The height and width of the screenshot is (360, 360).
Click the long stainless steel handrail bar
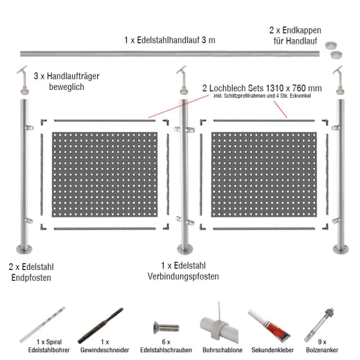tap(170, 54)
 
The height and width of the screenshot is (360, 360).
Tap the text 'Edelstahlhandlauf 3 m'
tap(176, 40)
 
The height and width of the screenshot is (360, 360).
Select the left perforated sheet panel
tap(105, 174)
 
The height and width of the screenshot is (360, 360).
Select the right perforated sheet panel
tap(264, 174)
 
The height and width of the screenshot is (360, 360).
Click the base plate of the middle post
tap(185, 249)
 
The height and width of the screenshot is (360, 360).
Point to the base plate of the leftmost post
tap(24, 249)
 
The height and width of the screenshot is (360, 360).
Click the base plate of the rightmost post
tap(341, 249)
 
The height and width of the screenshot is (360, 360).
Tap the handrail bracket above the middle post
tap(183, 80)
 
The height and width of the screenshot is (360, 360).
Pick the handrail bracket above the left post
tap(23, 80)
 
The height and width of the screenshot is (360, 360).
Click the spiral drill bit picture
tap(42, 325)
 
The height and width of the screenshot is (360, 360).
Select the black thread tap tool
tap(100, 325)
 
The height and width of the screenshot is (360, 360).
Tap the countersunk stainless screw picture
tap(166, 327)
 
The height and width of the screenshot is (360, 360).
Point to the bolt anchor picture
tap(319, 325)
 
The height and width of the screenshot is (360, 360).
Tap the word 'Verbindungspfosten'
tap(183, 276)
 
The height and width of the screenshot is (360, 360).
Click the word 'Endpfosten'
tap(32, 278)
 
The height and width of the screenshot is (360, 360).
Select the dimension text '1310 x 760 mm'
tap(294, 88)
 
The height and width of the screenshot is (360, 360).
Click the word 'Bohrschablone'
tap(222, 350)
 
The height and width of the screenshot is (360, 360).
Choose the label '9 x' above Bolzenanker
tap(322, 342)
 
